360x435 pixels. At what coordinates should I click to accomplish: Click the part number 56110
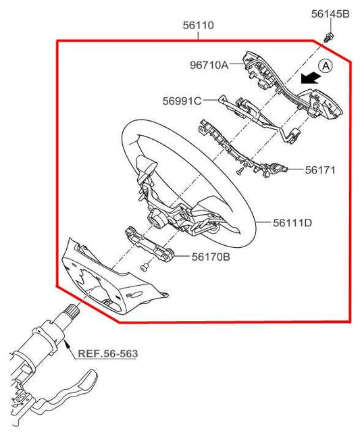[198, 26]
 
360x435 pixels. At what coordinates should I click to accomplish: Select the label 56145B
[330, 14]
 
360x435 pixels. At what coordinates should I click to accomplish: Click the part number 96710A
[209, 66]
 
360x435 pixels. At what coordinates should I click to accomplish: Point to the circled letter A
[326, 66]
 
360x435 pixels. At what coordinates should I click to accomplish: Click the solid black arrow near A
[310, 78]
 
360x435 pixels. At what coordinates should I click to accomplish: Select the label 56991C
[182, 101]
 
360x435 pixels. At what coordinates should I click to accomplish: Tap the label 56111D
[292, 222]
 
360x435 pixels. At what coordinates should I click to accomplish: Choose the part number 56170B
[211, 257]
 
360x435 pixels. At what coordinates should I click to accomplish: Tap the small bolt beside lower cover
[143, 269]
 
